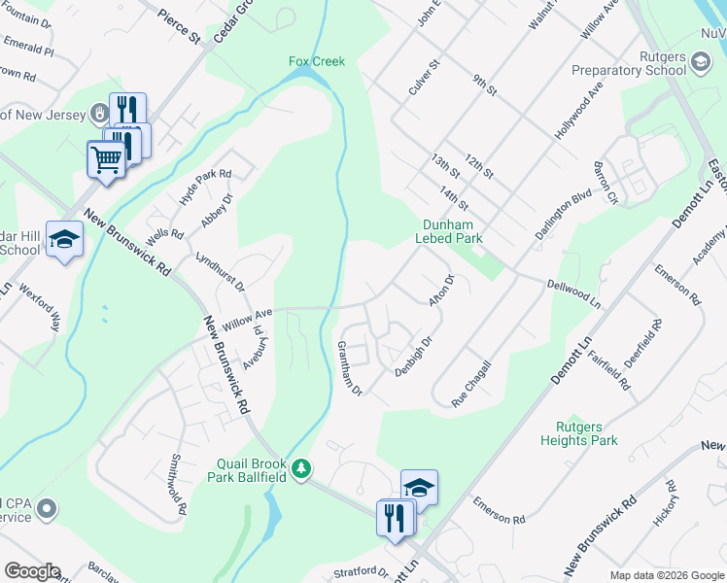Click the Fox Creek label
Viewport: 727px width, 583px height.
tap(317, 61)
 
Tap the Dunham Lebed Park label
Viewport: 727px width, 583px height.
tap(449, 230)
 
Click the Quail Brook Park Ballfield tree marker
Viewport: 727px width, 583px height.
tap(302, 470)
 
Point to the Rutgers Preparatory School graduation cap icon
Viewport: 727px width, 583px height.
tap(700, 64)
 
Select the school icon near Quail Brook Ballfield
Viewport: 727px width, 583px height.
tap(419, 486)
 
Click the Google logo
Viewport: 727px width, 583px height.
tap(32, 572)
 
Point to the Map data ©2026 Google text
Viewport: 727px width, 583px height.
tap(666, 575)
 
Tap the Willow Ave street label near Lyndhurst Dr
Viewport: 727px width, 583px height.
tap(247, 317)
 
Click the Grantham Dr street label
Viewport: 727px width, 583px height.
tap(350, 368)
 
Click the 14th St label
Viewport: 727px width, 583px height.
tap(454, 197)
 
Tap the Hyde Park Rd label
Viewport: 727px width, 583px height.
tap(206, 187)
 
